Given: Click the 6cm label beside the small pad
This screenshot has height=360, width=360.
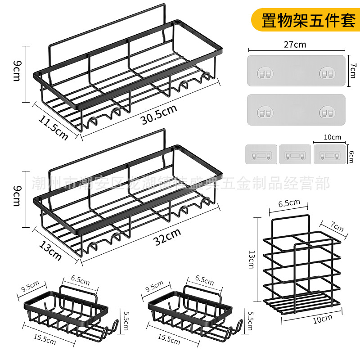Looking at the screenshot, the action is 351,156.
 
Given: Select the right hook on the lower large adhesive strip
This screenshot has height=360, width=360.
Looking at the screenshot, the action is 327,112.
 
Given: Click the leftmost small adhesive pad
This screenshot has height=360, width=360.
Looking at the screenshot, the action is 261,154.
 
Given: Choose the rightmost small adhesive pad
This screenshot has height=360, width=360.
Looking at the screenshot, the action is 330,154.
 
